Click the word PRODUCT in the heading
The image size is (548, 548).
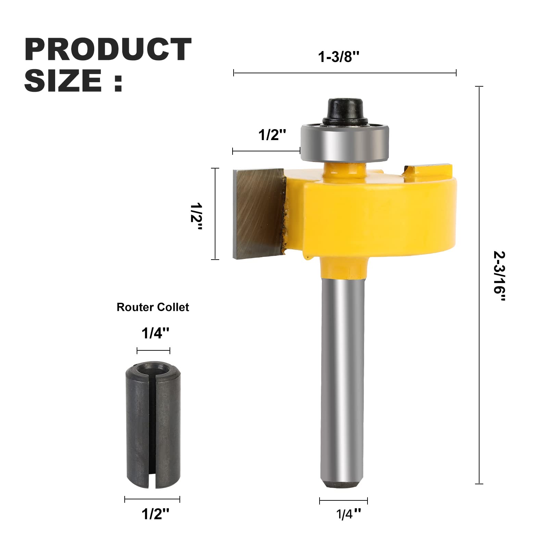[x=108, y=49]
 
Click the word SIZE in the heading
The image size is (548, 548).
[x=63, y=80]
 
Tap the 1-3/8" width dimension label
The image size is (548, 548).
[x=339, y=57]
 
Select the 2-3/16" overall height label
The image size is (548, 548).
[x=499, y=276]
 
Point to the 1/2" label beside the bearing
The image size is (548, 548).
[x=272, y=135]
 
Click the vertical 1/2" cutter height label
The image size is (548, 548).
[x=196, y=217]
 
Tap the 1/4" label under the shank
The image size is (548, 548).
[x=348, y=514]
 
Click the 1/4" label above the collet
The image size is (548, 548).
[x=155, y=333]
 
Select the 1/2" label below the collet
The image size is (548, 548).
[x=155, y=514]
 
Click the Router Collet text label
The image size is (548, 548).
[x=153, y=307]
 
